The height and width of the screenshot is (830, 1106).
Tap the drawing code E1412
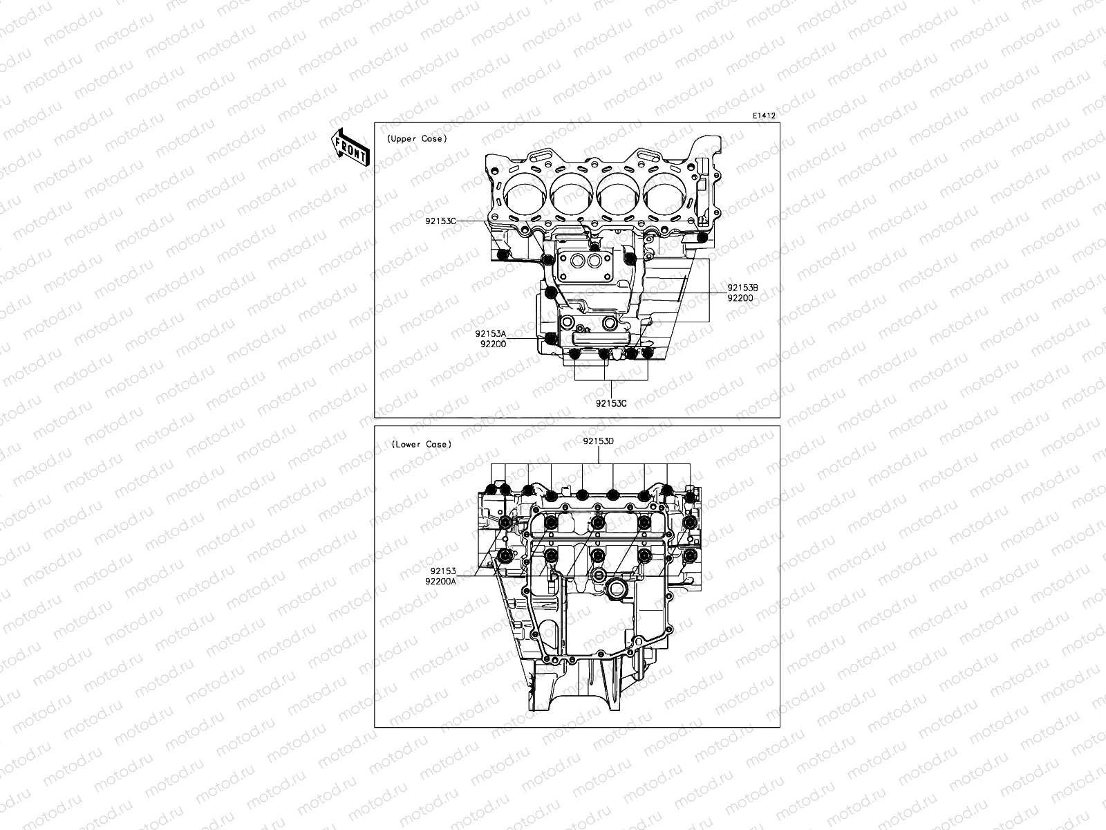coord(765,116)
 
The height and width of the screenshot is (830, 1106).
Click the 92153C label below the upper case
coord(611,403)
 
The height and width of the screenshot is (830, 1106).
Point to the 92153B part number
coord(743,288)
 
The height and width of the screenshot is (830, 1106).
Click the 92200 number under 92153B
coord(740,298)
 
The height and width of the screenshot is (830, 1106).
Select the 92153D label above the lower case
coord(598,440)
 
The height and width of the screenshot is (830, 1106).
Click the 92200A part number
coord(440,582)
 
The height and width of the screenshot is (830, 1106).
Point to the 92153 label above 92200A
coord(443,571)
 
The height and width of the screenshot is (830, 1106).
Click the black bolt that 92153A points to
coord(550,338)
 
